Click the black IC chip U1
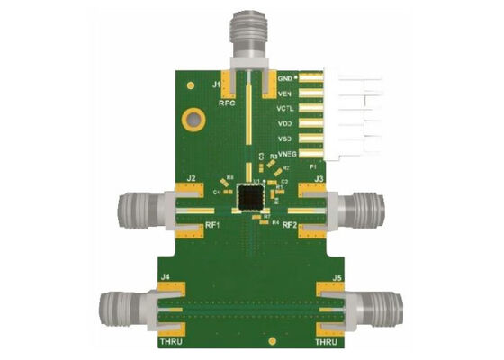point(247,197)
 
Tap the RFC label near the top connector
point(228,104)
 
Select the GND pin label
point(287,78)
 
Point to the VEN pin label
point(286,94)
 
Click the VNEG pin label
point(289,155)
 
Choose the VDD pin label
point(286,124)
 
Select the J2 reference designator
point(191,179)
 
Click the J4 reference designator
point(164,275)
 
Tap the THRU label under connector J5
point(328,343)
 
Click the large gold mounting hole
point(192,118)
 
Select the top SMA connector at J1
point(247,36)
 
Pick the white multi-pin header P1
point(346,114)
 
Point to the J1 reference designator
point(217,85)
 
